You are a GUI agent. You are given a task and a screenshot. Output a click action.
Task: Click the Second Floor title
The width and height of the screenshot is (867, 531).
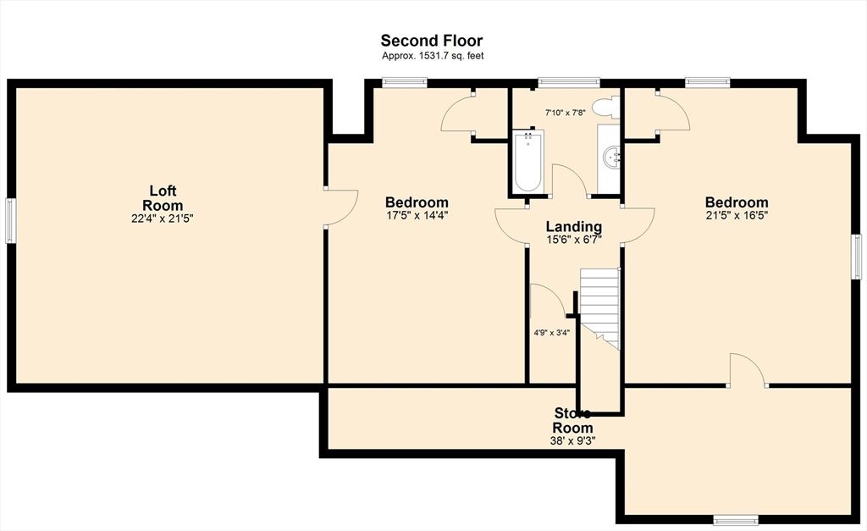click(431, 41)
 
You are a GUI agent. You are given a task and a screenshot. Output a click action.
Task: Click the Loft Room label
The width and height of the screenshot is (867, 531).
click(163, 198)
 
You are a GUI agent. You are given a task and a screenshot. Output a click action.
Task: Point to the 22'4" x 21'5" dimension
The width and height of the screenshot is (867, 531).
click(163, 218)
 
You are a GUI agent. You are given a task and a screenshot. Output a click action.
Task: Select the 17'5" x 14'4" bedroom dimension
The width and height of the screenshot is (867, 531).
click(417, 215)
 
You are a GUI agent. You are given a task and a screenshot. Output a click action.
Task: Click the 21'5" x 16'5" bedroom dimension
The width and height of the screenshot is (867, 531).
click(737, 215)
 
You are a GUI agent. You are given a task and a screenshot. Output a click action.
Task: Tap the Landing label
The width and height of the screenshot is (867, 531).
click(573, 227)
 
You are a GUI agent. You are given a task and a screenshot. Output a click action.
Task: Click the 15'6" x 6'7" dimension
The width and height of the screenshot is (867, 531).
click(573, 240)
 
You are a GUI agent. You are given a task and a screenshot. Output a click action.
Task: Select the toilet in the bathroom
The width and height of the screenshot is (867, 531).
click(605, 108)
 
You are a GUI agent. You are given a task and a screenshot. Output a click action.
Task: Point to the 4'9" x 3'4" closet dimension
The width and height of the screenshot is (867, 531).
click(551, 332)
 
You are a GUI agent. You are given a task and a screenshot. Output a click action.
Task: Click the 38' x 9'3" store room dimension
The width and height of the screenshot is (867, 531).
click(573, 440)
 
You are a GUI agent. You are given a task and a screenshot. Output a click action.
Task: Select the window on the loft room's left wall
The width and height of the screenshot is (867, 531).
click(10, 220)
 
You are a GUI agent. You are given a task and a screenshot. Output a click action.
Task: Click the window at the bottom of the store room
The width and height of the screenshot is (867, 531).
click(735, 519)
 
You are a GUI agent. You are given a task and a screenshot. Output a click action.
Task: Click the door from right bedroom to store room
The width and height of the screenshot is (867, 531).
click(748, 371)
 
